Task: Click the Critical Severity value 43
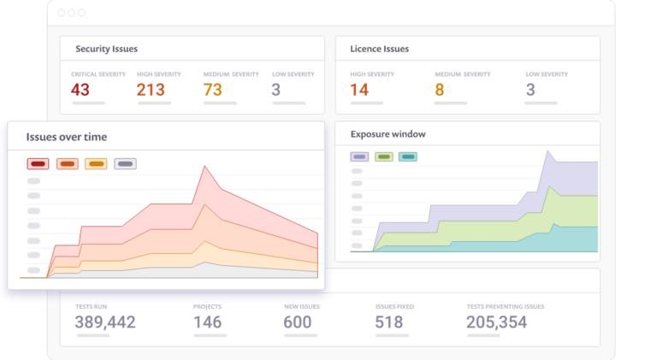coord(80,90)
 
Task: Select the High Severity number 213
coord(151,90)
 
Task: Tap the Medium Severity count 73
coord(213,90)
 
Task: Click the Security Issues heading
coord(106,49)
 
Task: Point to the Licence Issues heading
coord(379,49)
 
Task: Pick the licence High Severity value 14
coord(359,90)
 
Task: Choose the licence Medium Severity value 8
coord(440,90)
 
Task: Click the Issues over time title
coord(67,137)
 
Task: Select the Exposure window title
coord(388,134)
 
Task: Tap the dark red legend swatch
coord(38,163)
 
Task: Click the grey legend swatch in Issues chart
coord(125,163)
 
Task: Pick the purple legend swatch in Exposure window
coord(359,156)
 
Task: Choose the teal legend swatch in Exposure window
coord(407,156)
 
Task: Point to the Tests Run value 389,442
coord(105,322)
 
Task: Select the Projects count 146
coord(208,322)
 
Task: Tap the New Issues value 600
coord(298,322)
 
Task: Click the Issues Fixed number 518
coord(389,322)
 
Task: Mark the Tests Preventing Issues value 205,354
coord(496,322)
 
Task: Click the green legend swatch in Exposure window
coord(383,156)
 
